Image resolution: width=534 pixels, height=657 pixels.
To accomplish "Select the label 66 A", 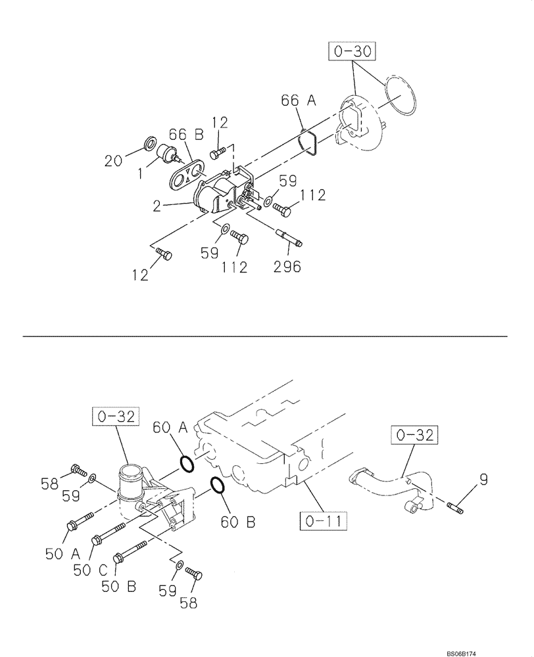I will (299, 101).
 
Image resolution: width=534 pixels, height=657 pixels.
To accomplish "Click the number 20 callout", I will (114, 160).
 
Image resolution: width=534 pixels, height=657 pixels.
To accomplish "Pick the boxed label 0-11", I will (323, 522).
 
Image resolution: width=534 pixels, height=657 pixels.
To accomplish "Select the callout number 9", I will (483, 480).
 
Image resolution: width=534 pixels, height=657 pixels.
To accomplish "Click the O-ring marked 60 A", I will (187, 464).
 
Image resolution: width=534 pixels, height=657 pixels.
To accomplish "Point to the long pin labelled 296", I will (290, 237).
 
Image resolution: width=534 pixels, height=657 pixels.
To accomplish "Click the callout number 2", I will (157, 206).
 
